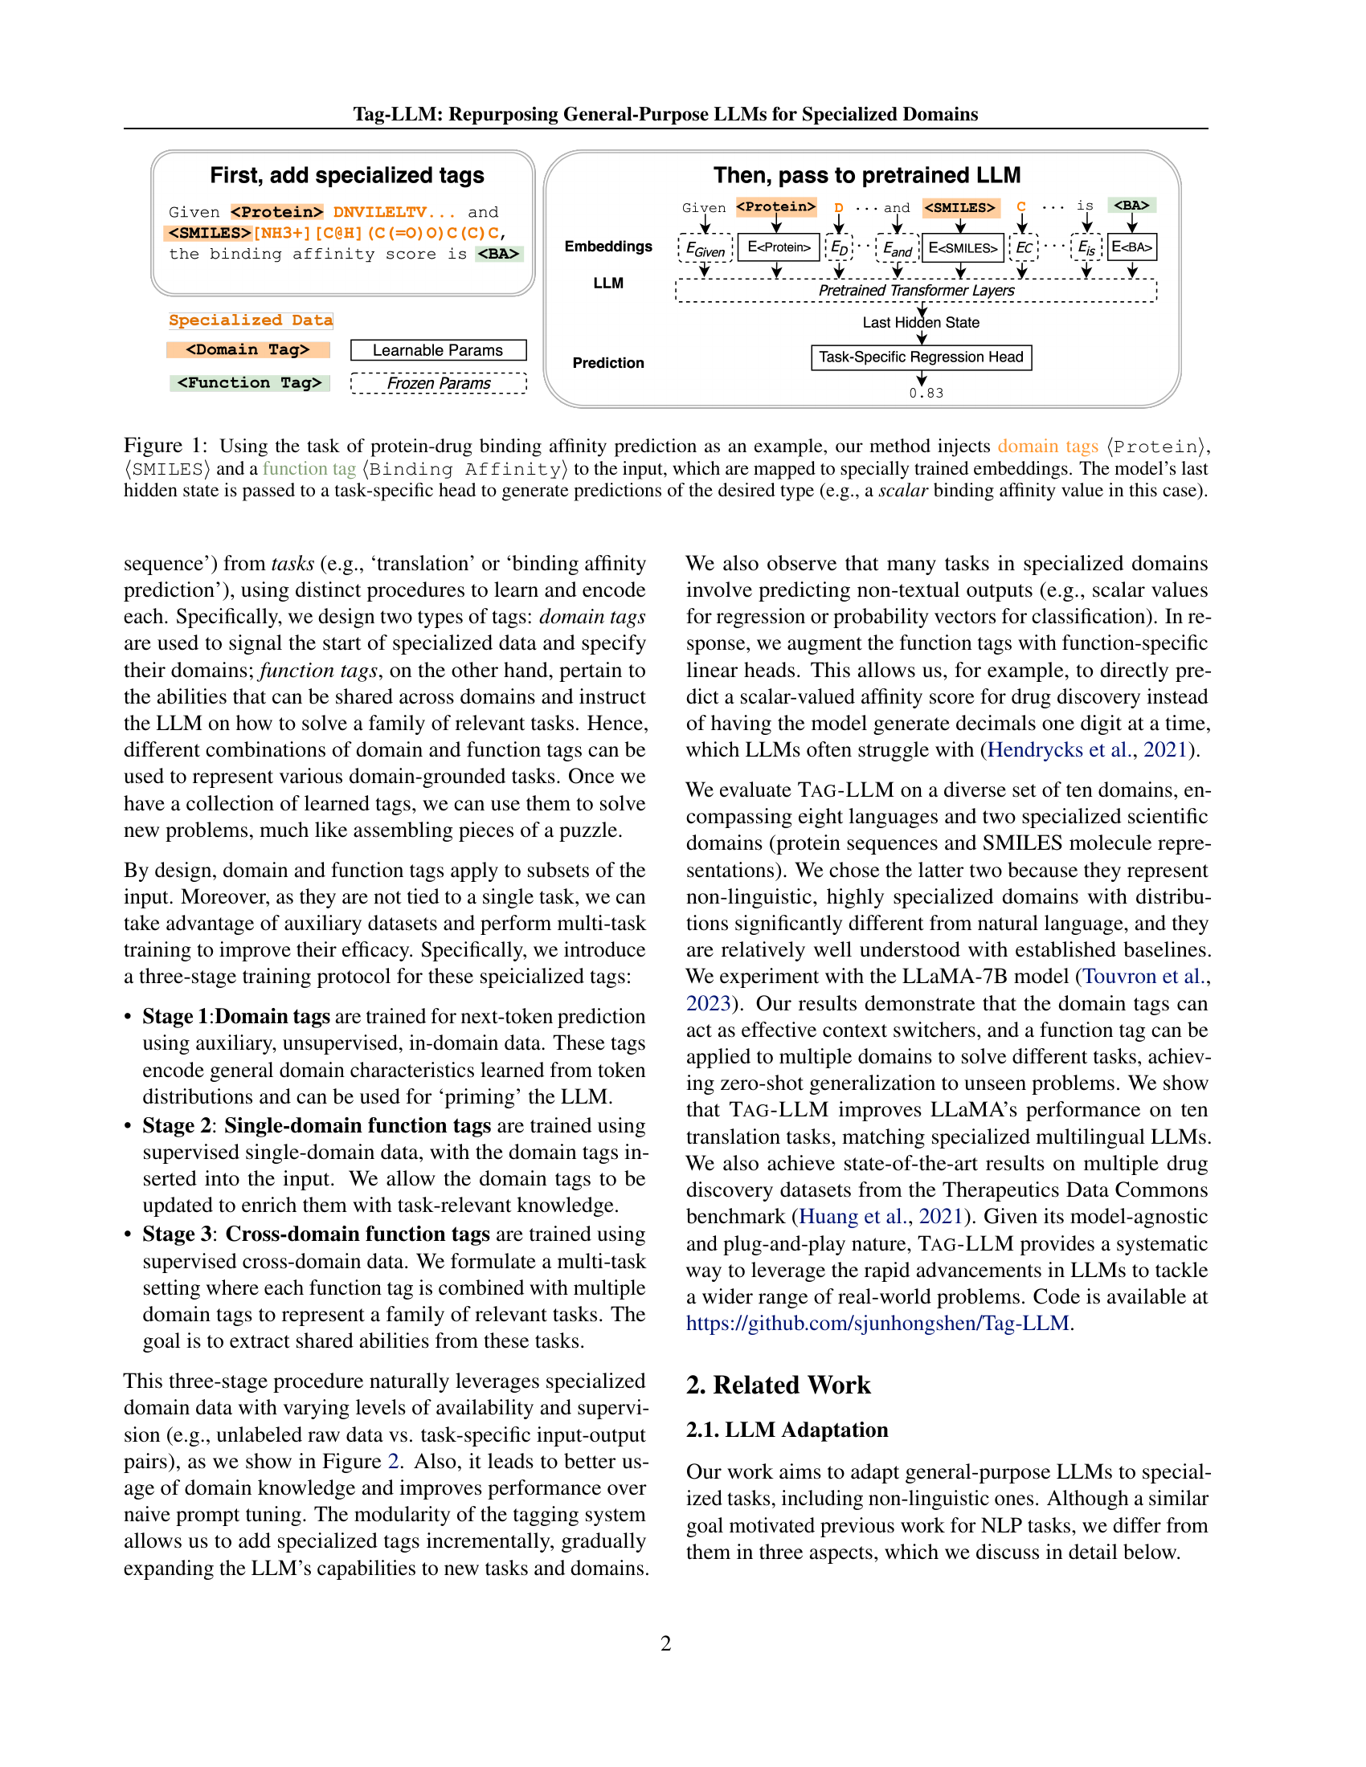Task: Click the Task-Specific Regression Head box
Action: tap(920, 357)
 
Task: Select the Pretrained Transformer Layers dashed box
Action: tap(915, 291)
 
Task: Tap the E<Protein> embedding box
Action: tap(778, 247)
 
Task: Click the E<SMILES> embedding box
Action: tap(962, 247)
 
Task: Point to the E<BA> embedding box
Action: tap(1131, 247)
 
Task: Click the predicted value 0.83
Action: tap(925, 394)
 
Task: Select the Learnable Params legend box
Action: tap(438, 350)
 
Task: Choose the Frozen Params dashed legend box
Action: tap(438, 383)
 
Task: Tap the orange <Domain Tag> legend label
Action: tap(247, 349)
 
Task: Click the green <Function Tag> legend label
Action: tap(249, 382)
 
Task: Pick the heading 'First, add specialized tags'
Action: tap(346, 176)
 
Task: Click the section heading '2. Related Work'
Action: tap(778, 1385)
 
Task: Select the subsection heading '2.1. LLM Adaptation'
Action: tap(787, 1430)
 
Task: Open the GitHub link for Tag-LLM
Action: tap(878, 1323)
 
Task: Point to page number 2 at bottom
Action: tap(665, 1643)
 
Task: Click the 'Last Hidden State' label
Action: tap(920, 323)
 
